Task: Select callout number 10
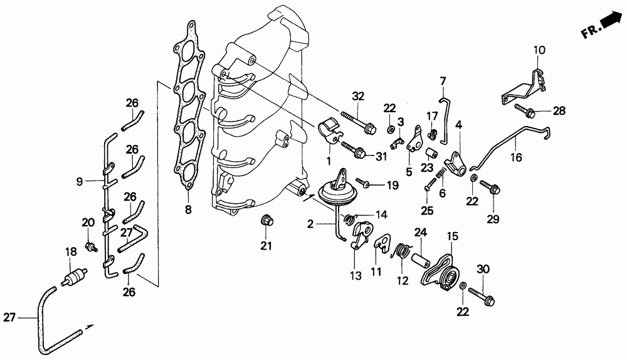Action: coord(539,49)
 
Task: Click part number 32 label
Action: coord(358,97)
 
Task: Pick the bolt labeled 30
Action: coord(480,294)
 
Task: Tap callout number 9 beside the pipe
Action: coord(80,183)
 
